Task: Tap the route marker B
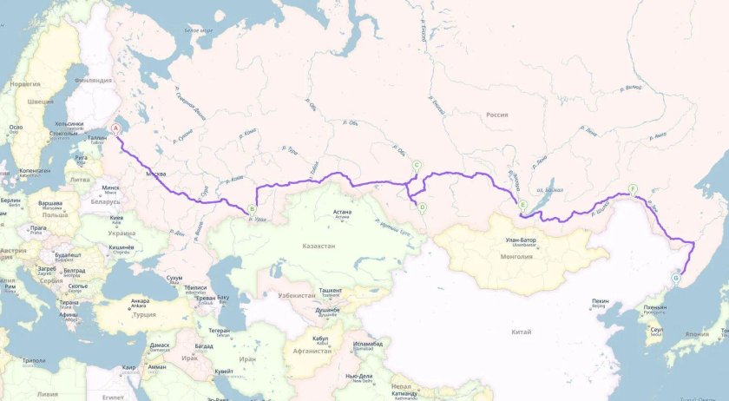(252, 208)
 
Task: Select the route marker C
(417, 165)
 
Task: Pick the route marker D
(422, 207)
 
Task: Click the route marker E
(522, 205)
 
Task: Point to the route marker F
(634, 188)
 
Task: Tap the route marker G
(676, 279)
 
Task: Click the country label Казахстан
(318, 247)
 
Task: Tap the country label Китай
(522, 332)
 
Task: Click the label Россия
(496, 115)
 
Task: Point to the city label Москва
(155, 174)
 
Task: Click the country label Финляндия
(92, 80)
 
